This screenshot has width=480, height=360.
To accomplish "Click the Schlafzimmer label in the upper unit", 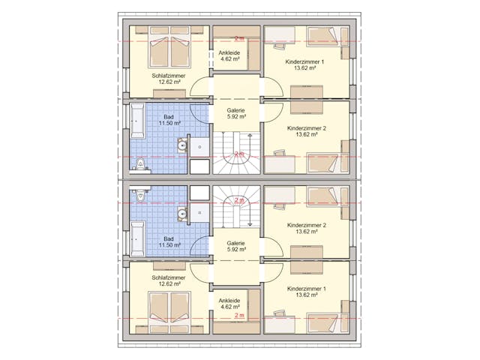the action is click(x=169, y=76).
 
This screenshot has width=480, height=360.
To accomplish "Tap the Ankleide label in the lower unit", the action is click(x=229, y=301).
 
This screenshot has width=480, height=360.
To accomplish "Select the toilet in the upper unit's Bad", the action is click(x=140, y=165).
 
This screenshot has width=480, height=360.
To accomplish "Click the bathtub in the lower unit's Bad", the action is click(x=137, y=239).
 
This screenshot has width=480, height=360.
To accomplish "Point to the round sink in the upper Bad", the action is click(x=183, y=145).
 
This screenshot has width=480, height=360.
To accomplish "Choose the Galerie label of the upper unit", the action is click(x=235, y=110).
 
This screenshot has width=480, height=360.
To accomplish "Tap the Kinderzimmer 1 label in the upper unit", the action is click(x=304, y=61).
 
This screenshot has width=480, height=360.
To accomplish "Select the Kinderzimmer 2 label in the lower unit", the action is click(x=307, y=225).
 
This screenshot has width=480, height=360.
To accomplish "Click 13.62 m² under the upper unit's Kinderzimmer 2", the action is click(x=307, y=134).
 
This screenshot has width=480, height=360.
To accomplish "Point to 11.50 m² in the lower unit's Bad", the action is click(x=169, y=245).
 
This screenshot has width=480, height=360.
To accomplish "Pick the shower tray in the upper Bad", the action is click(x=200, y=147).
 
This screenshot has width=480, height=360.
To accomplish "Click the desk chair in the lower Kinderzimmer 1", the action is click(x=280, y=314).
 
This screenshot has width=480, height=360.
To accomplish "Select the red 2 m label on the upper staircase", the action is click(x=239, y=154).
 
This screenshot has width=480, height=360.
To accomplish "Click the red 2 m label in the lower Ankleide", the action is click(x=239, y=315).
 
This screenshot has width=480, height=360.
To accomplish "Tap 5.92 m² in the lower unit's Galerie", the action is click(x=236, y=250).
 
